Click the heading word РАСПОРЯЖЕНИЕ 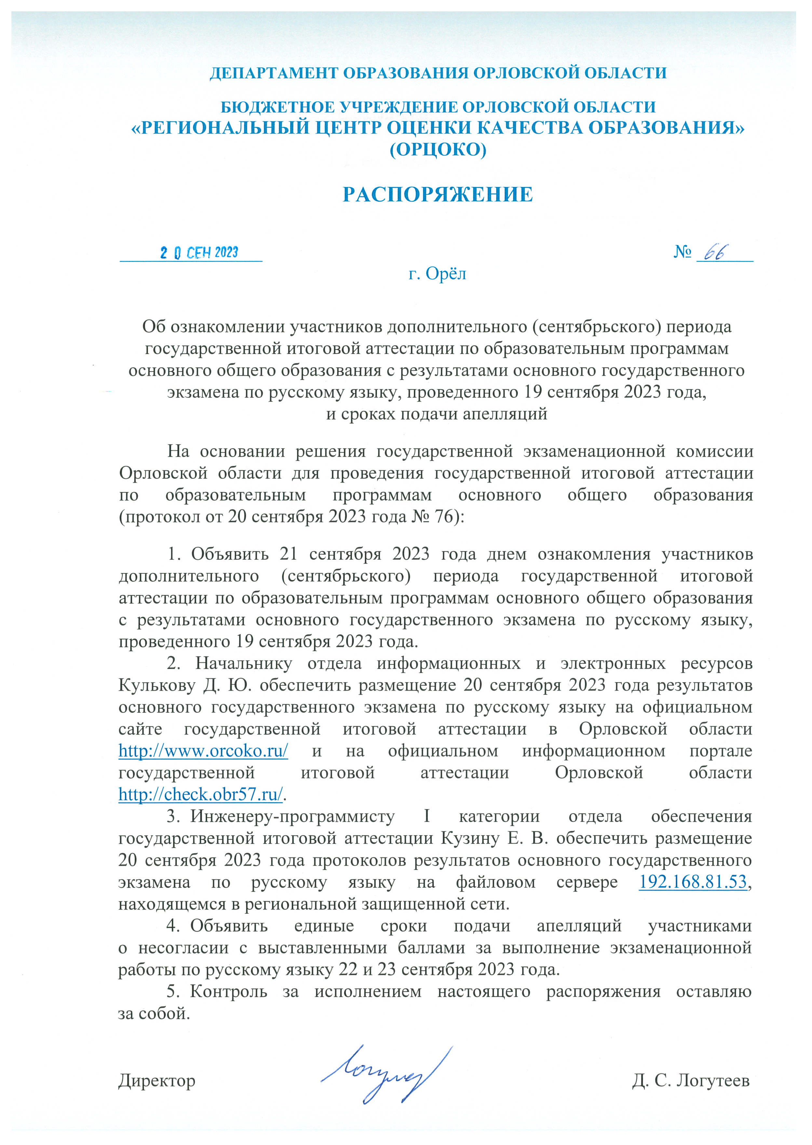click(438, 195)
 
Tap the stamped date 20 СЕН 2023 click(199, 252)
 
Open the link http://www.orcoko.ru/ click(203, 751)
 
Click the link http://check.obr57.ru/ click(200, 794)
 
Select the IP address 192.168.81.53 click(693, 882)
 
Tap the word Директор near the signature click(156, 1081)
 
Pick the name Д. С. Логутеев click(691, 1081)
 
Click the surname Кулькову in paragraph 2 click(156, 685)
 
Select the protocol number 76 click(444, 517)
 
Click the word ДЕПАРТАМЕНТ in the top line click(274, 73)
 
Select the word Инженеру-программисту click(292, 816)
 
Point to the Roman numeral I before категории click(426, 816)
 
